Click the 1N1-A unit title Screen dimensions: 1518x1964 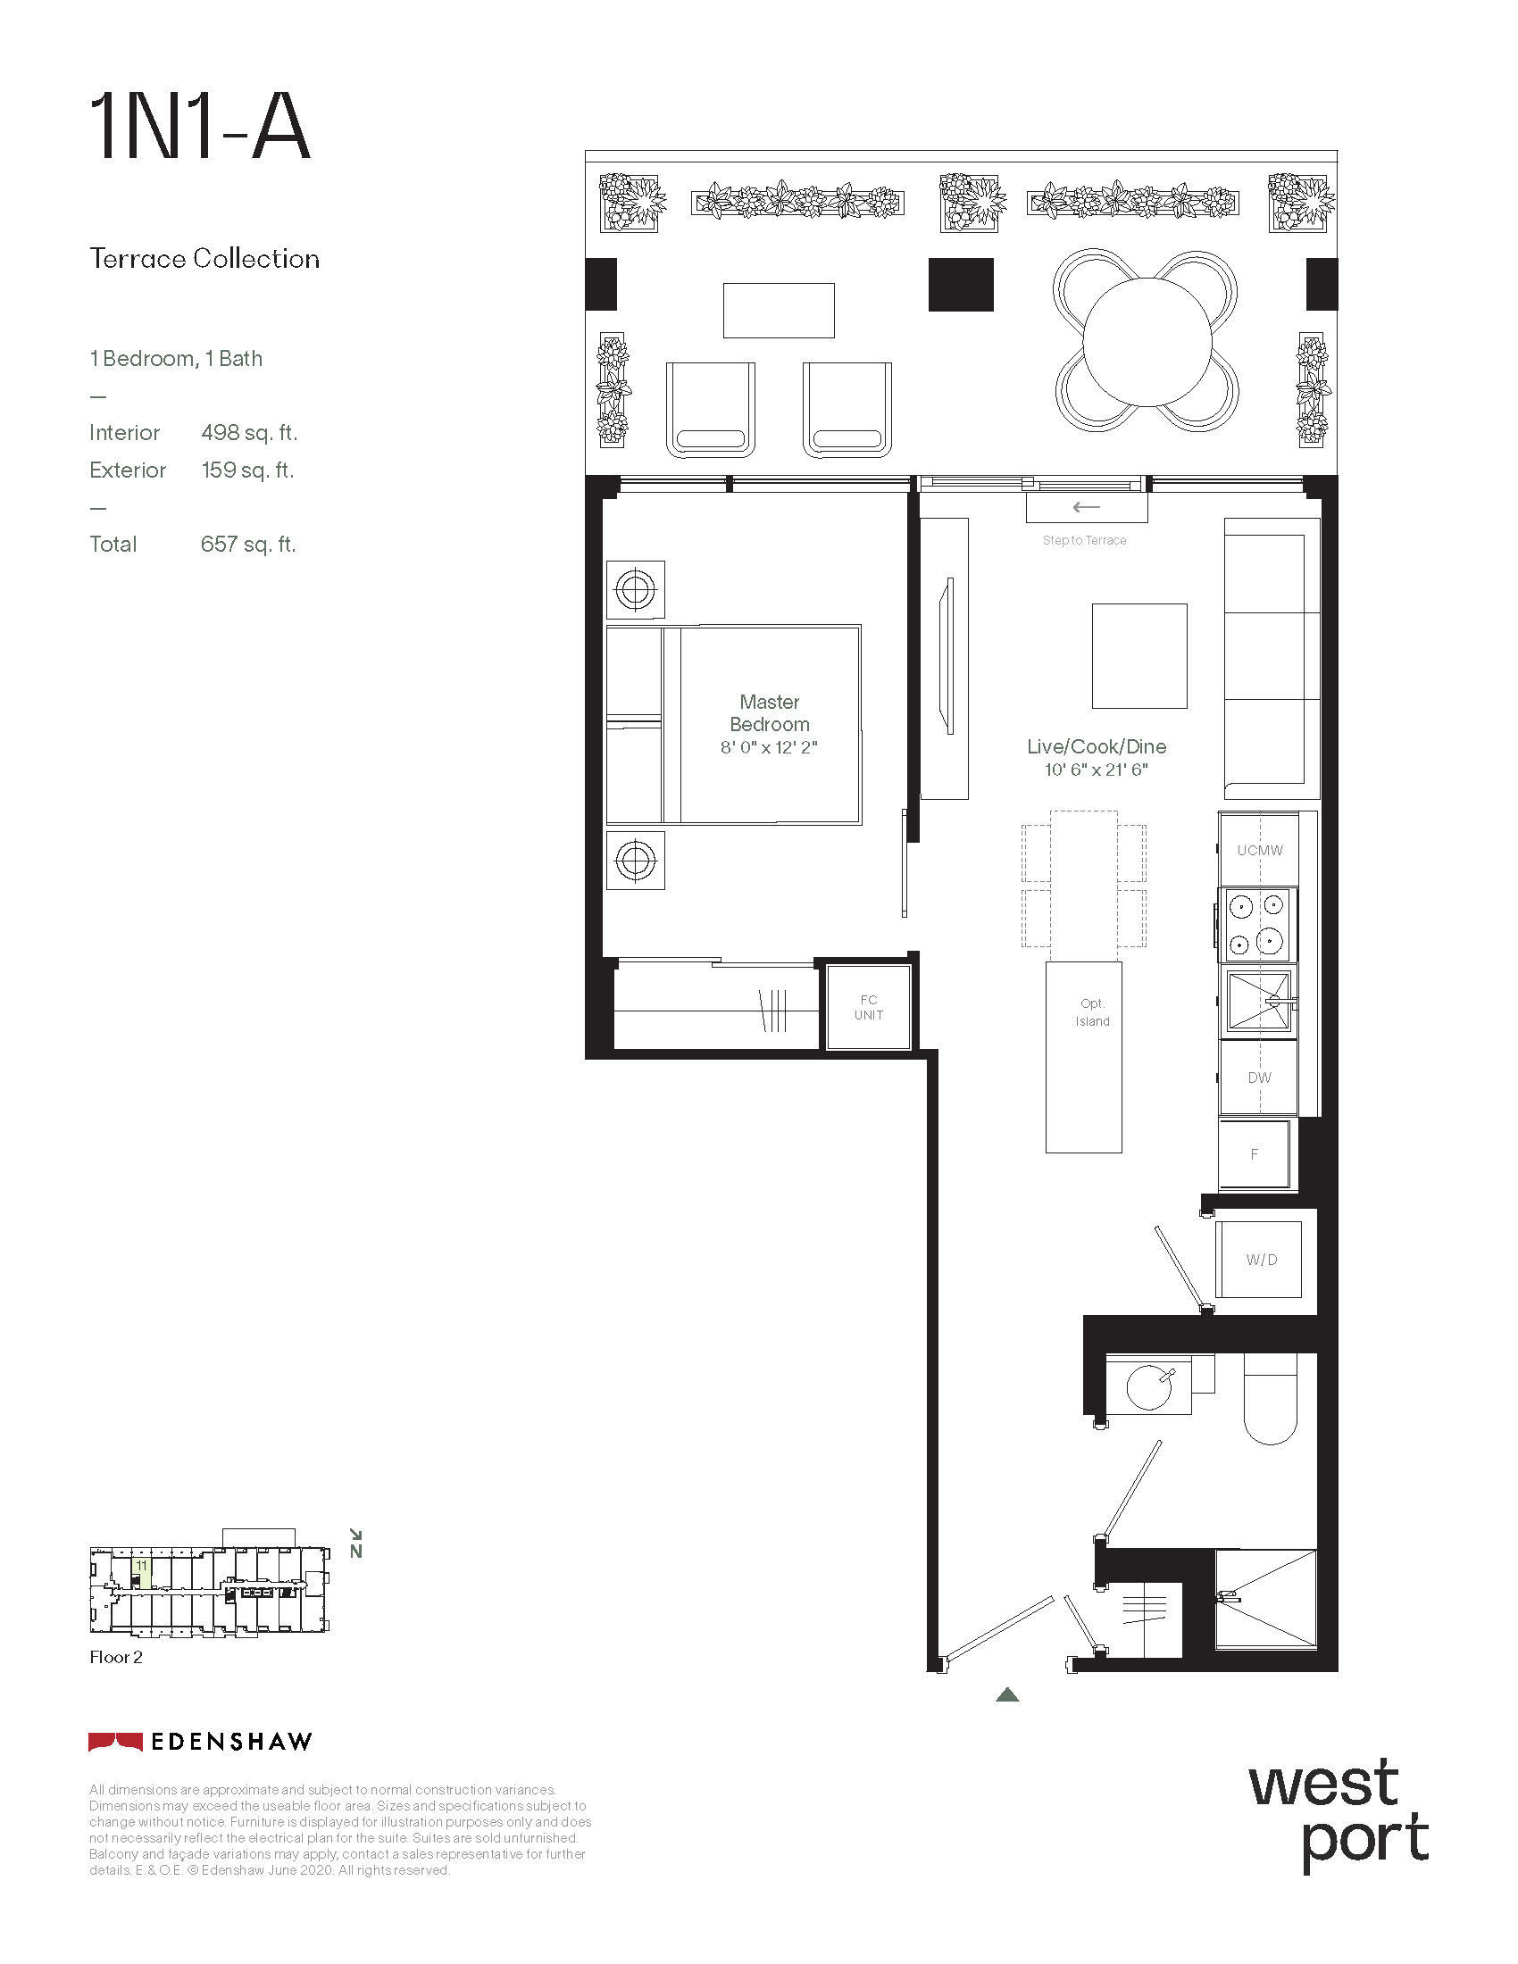point(200,128)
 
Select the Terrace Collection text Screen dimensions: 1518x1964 point(204,259)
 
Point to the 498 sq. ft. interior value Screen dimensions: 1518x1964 point(249,433)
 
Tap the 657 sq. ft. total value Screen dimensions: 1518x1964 point(248,544)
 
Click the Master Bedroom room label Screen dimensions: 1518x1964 point(770,713)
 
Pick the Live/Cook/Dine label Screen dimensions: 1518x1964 point(1097,746)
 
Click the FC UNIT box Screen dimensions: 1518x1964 point(869,1007)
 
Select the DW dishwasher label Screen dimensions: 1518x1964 point(1259,1078)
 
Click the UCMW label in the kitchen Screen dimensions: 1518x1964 point(1260,850)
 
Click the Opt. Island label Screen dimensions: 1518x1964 point(1093,1012)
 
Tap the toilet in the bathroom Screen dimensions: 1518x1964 point(1271,1399)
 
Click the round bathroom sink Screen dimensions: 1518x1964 point(1149,1386)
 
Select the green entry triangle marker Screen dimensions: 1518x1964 point(1007,1694)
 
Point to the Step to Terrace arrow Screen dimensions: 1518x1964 point(1087,507)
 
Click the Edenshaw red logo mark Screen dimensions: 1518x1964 point(115,1742)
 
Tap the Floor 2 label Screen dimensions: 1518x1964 point(116,1658)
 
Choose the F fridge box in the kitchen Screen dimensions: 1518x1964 point(1255,1154)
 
